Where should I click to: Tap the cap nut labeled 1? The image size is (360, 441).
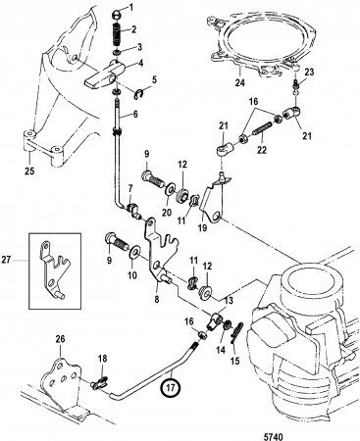click(116, 14)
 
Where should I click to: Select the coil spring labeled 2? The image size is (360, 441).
click(117, 34)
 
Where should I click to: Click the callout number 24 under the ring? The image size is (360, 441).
click(240, 82)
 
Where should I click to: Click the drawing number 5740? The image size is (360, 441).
click(273, 437)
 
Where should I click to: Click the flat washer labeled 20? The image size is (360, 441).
click(170, 190)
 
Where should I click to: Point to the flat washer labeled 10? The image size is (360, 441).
click(134, 253)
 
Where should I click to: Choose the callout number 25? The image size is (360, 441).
click(29, 171)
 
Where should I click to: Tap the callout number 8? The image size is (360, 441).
click(157, 298)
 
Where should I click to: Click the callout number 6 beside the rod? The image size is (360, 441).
click(135, 114)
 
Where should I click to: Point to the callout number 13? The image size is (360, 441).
click(229, 300)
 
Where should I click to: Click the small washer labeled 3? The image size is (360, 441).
click(117, 52)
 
